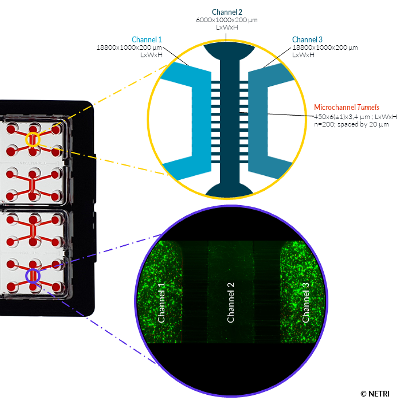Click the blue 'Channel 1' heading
(x=147, y=40)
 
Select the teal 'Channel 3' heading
(x=307, y=40)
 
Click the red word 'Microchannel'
(x=335, y=107)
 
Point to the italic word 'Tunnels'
(x=368, y=107)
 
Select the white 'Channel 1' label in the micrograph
(x=162, y=302)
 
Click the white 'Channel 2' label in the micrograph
(x=231, y=302)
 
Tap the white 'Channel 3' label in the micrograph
(x=306, y=302)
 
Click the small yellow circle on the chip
(x=33, y=139)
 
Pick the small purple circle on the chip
(x=33, y=276)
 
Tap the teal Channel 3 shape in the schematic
(x=260, y=121)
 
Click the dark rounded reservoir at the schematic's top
(x=229, y=50)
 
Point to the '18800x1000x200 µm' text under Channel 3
(x=325, y=47)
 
